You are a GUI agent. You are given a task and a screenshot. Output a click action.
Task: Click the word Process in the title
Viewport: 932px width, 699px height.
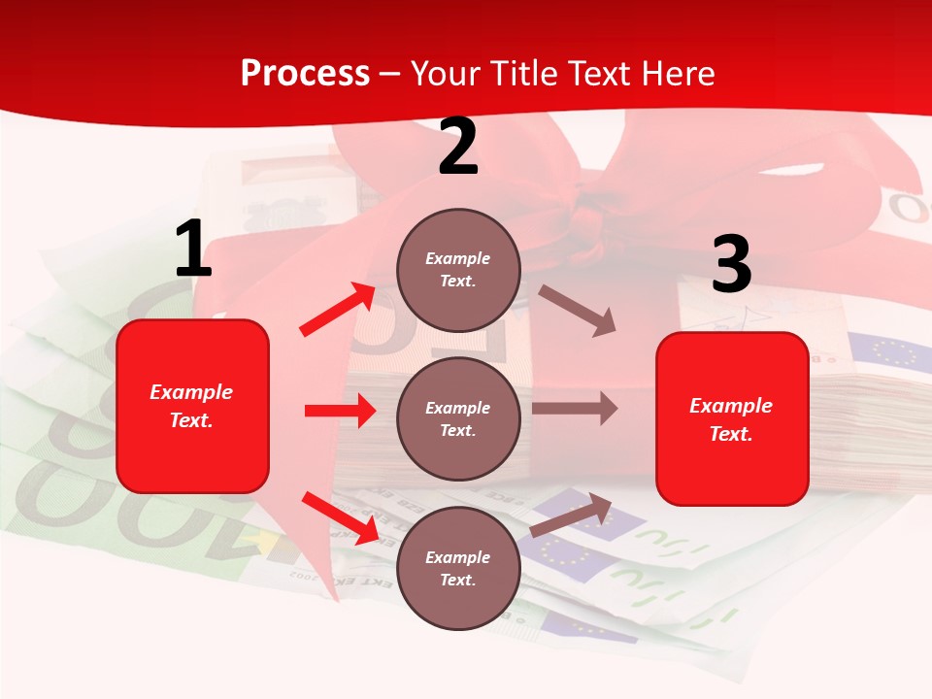pyautogui.click(x=305, y=73)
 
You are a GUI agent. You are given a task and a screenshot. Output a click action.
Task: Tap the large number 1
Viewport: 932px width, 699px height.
pyautogui.click(x=192, y=250)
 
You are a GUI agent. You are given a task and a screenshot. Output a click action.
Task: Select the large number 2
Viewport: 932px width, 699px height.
pyautogui.click(x=457, y=147)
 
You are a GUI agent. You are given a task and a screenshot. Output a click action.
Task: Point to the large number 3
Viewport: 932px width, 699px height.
pyautogui.click(x=731, y=265)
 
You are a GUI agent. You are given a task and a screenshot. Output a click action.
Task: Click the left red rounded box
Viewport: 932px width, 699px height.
pyautogui.click(x=192, y=406)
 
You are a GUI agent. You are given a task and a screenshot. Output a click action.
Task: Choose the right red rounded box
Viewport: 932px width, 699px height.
pyautogui.click(x=732, y=419)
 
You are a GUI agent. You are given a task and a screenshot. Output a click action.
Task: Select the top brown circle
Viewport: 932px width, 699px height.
pyautogui.click(x=458, y=270)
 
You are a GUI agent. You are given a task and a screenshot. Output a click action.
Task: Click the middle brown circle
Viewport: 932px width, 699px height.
pyautogui.click(x=458, y=419)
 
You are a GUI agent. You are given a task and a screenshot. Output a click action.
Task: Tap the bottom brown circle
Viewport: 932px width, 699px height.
pyautogui.click(x=458, y=568)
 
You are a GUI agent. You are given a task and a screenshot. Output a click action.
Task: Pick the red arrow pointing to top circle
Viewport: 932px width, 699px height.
pyautogui.click(x=338, y=310)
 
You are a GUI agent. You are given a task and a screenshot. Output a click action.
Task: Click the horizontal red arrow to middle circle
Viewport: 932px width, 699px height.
pyautogui.click(x=340, y=411)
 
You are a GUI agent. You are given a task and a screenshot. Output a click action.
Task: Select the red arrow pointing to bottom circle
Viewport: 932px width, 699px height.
pyautogui.click(x=340, y=517)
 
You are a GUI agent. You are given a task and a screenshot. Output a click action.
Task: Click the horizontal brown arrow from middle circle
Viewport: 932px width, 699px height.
pyautogui.click(x=575, y=409)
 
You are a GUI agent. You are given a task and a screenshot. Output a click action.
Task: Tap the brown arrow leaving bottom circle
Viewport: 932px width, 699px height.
pyautogui.click(x=571, y=516)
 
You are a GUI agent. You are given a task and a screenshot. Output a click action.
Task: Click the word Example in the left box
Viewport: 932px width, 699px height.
pyautogui.click(x=191, y=392)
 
